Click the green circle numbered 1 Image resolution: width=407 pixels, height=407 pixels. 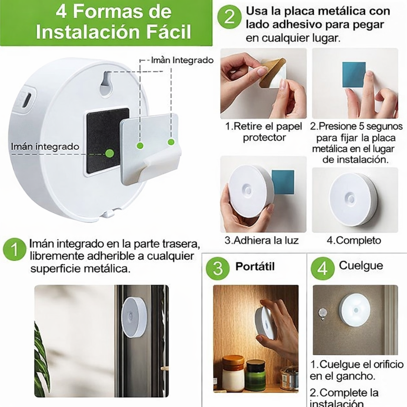point(14,250)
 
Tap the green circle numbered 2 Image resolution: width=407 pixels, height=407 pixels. point(229,17)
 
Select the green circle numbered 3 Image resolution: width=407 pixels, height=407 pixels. point(218,268)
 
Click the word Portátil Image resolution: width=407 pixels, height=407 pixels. point(255,267)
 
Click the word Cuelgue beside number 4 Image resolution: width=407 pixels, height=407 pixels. point(361,266)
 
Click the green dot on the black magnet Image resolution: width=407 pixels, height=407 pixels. point(109,153)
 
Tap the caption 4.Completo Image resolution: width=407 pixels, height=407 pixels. point(354,240)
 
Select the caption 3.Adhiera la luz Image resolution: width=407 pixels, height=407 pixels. point(261,240)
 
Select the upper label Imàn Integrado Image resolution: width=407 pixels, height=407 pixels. point(182,60)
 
